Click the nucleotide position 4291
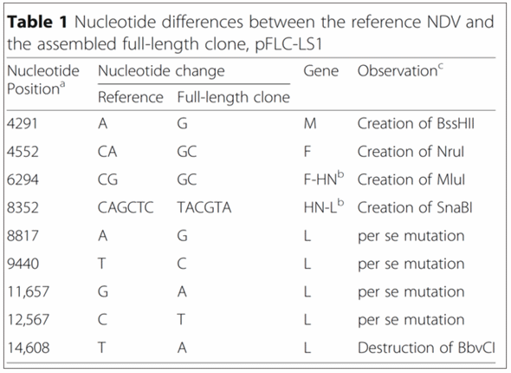[23, 124]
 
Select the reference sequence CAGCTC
[126, 207]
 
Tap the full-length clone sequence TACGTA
[204, 207]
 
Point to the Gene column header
[320, 71]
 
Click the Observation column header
[400, 70]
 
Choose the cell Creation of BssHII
[416, 124]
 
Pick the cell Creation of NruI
[411, 152]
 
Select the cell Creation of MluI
[411, 180]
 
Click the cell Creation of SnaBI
[415, 207]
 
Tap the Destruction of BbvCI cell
[426, 348]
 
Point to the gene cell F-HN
[323, 179]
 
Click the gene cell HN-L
[323, 206]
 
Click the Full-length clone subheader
[233, 97]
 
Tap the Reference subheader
[131, 97]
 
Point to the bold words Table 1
[37, 23]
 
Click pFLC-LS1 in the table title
[288, 44]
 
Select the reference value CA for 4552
[107, 152]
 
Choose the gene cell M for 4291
[309, 124]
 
